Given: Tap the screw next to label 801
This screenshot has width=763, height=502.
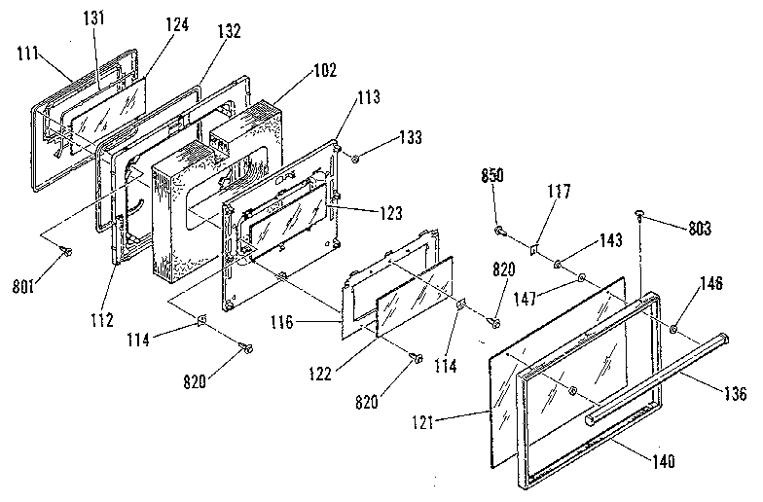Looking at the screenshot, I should (x=66, y=251).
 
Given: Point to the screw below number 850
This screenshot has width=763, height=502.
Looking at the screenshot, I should (x=500, y=232).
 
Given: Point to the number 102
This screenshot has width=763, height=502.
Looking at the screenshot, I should (x=326, y=70).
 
